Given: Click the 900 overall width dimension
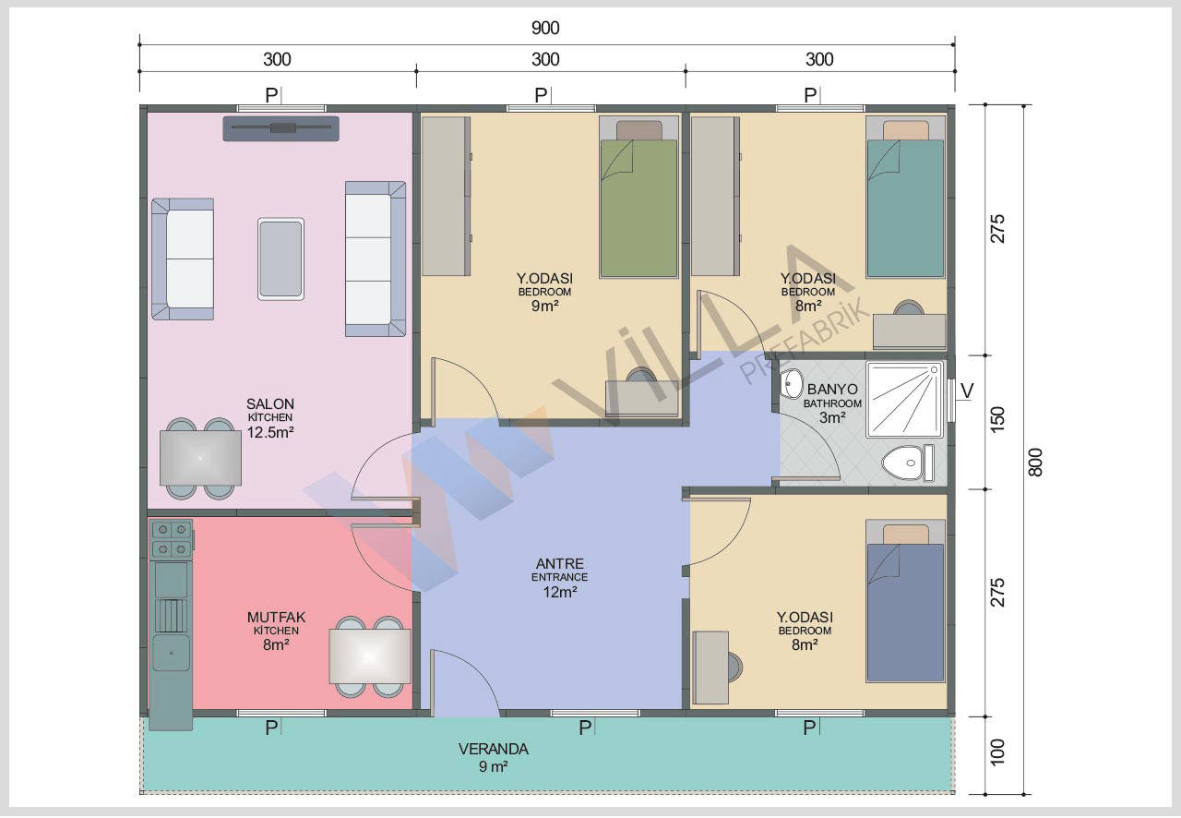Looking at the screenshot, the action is pos(545,28).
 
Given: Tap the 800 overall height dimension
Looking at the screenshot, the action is pos(1035,463).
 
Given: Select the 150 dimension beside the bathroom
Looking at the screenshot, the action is pos(997,419).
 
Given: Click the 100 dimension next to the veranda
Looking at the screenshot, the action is pos(997,752).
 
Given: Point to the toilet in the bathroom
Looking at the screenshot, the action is pos(908,463).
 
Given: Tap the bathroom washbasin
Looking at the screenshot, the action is pos(792,384).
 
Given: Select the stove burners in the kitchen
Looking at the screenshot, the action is pos(172,539).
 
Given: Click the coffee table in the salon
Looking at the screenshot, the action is pos(280,259).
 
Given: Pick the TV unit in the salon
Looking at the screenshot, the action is pos(280,128).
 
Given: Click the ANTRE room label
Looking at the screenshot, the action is pos(559,563).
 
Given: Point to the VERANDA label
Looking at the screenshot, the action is pos(493,749).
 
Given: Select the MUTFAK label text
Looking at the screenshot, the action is pos(276,617).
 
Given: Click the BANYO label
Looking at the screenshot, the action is pos(832,389).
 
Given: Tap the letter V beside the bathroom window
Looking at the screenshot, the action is pos(967,391).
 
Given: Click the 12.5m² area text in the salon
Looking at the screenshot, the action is pos(270,432).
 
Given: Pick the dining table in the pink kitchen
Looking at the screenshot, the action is pos(370,656).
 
